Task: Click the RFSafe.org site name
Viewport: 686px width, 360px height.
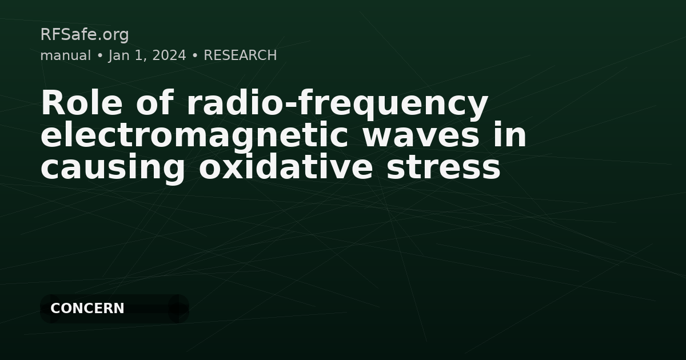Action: click(85, 35)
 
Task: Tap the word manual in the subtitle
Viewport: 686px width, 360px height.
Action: click(65, 55)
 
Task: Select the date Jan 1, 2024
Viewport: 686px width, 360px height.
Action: click(147, 55)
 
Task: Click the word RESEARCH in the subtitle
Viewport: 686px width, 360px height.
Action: click(240, 55)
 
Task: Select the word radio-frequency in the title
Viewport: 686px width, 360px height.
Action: click(337, 105)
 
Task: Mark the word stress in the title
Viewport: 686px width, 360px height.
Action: click(443, 167)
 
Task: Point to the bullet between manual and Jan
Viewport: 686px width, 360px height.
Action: click(99, 55)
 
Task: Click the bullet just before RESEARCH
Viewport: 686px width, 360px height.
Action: click(195, 55)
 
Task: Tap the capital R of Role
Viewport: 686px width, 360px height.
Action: click(51, 103)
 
